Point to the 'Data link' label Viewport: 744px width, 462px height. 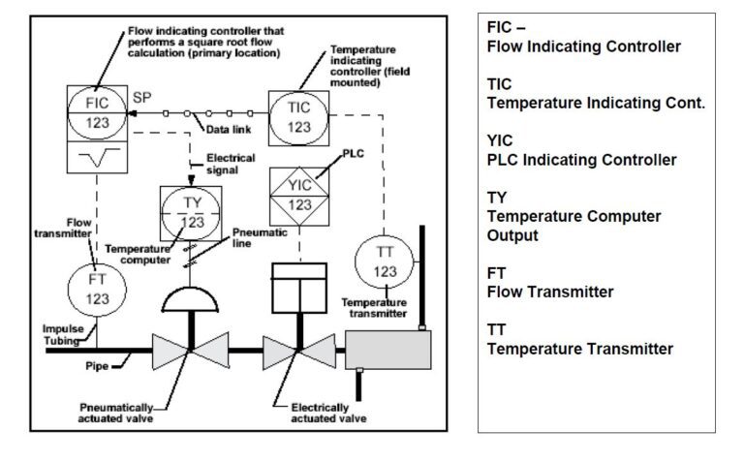point(228,130)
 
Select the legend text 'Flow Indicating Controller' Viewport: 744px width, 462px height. point(583,46)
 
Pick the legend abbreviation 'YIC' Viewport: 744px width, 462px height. point(500,139)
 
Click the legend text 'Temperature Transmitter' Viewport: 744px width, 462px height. point(579,349)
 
